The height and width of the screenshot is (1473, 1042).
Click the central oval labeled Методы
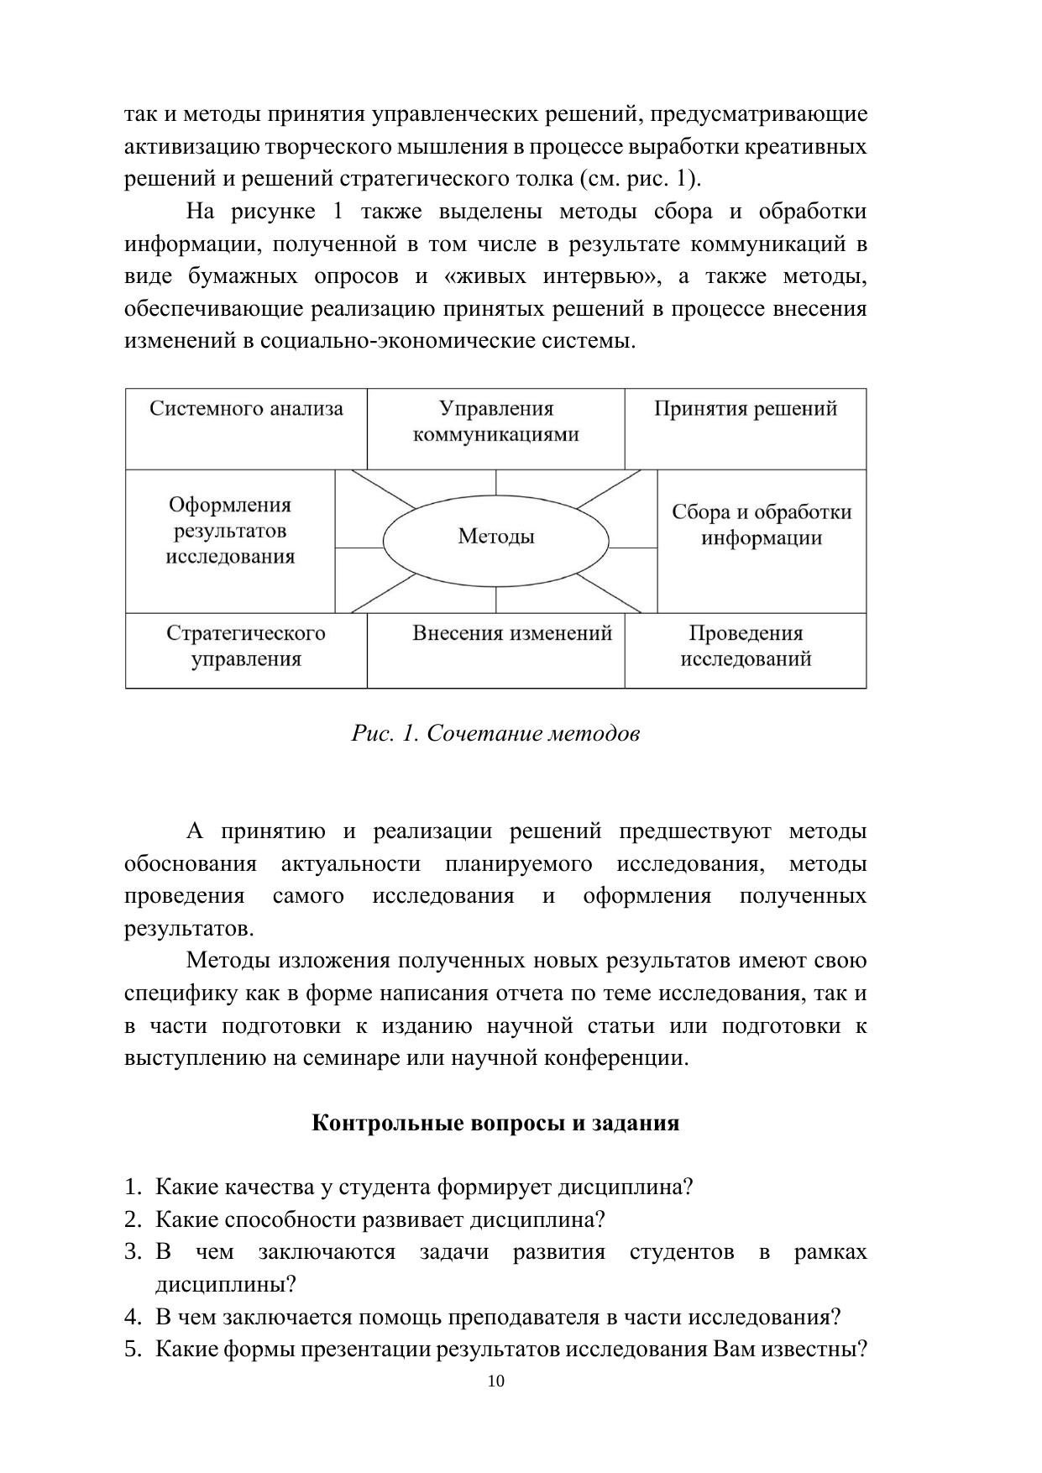pos(495,537)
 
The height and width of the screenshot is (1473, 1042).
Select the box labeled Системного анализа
pos(246,427)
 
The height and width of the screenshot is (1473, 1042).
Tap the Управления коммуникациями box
pos(495,427)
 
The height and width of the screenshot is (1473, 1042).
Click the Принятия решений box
pos(745,427)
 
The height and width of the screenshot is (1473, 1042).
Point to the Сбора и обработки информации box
pos(761,539)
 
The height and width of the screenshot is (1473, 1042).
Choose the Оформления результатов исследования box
pos(230,539)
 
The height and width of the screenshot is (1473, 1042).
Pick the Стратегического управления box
pos(246,649)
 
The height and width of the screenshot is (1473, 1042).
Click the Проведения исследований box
pos(745,649)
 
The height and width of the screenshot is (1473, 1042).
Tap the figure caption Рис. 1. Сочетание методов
pos(495,733)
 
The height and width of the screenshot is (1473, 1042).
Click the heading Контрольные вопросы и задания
pos(495,1123)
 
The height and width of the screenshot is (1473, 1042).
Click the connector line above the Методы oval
pos(496,483)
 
